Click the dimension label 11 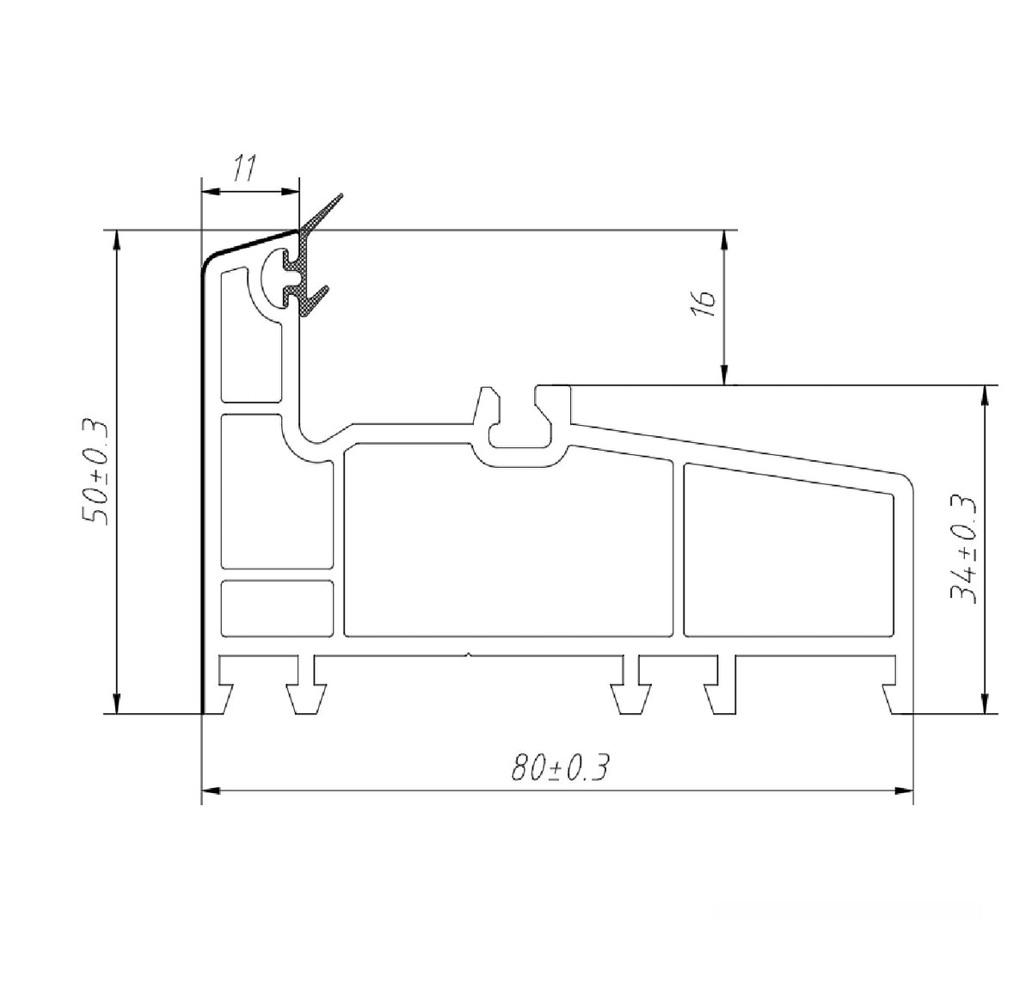[243, 168]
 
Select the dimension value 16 [703, 304]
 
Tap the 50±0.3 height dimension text [95, 470]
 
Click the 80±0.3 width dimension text [560, 767]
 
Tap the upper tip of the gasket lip [341, 194]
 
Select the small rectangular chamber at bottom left [277, 609]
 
